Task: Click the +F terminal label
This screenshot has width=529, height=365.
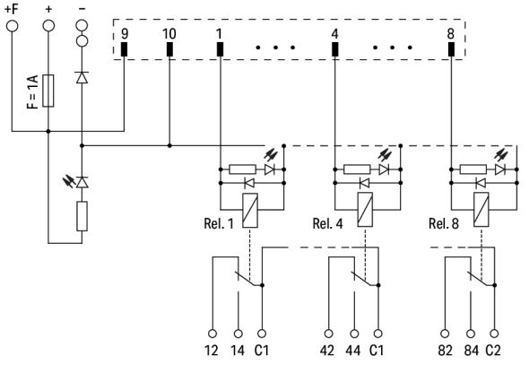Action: point(13,8)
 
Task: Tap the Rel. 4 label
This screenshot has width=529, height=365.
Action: point(329,222)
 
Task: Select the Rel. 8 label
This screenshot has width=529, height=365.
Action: point(445,222)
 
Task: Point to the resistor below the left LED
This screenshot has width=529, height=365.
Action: point(82,216)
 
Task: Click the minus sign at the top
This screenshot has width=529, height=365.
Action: point(82,8)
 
